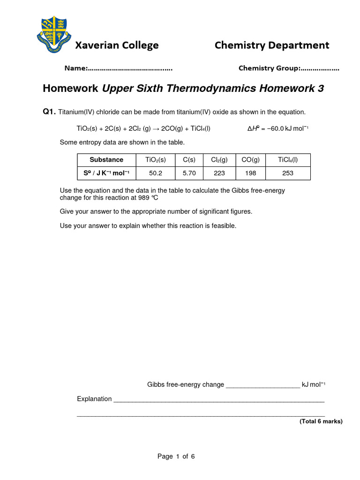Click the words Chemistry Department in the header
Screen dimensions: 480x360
(x=272, y=45)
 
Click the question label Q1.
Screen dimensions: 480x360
(x=49, y=112)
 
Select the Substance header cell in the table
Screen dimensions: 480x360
(x=106, y=160)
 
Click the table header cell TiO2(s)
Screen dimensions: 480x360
(x=155, y=160)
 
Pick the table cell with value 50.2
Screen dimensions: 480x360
(x=155, y=173)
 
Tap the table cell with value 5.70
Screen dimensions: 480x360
(x=189, y=173)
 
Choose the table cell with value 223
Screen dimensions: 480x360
(x=219, y=173)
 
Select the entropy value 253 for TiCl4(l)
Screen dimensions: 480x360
(x=287, y=173)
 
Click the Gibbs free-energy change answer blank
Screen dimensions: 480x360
(x=262, y=385)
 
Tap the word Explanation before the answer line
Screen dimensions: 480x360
(x=94, y=399)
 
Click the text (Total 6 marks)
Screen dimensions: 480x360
(x=321, y=421)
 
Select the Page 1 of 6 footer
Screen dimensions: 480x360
(x=176, y=457)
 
